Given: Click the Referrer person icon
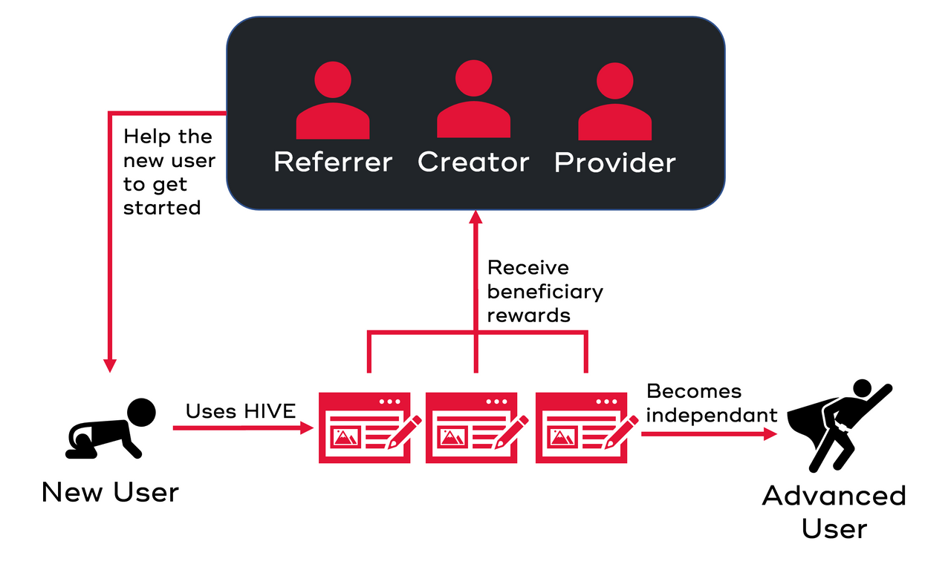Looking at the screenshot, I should point(332,102).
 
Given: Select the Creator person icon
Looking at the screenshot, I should point(473,102).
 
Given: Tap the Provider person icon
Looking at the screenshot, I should point(614,102).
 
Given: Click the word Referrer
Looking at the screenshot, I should point(333,162).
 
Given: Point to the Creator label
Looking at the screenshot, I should point(473,162).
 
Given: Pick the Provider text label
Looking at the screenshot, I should point(615,162).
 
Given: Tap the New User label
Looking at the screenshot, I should point(110,492).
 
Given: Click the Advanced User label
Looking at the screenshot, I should point(834,512).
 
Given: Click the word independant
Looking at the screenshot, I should point(711,415).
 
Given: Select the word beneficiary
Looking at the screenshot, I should point(545,291).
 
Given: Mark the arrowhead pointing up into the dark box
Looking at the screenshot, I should point(475,217).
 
